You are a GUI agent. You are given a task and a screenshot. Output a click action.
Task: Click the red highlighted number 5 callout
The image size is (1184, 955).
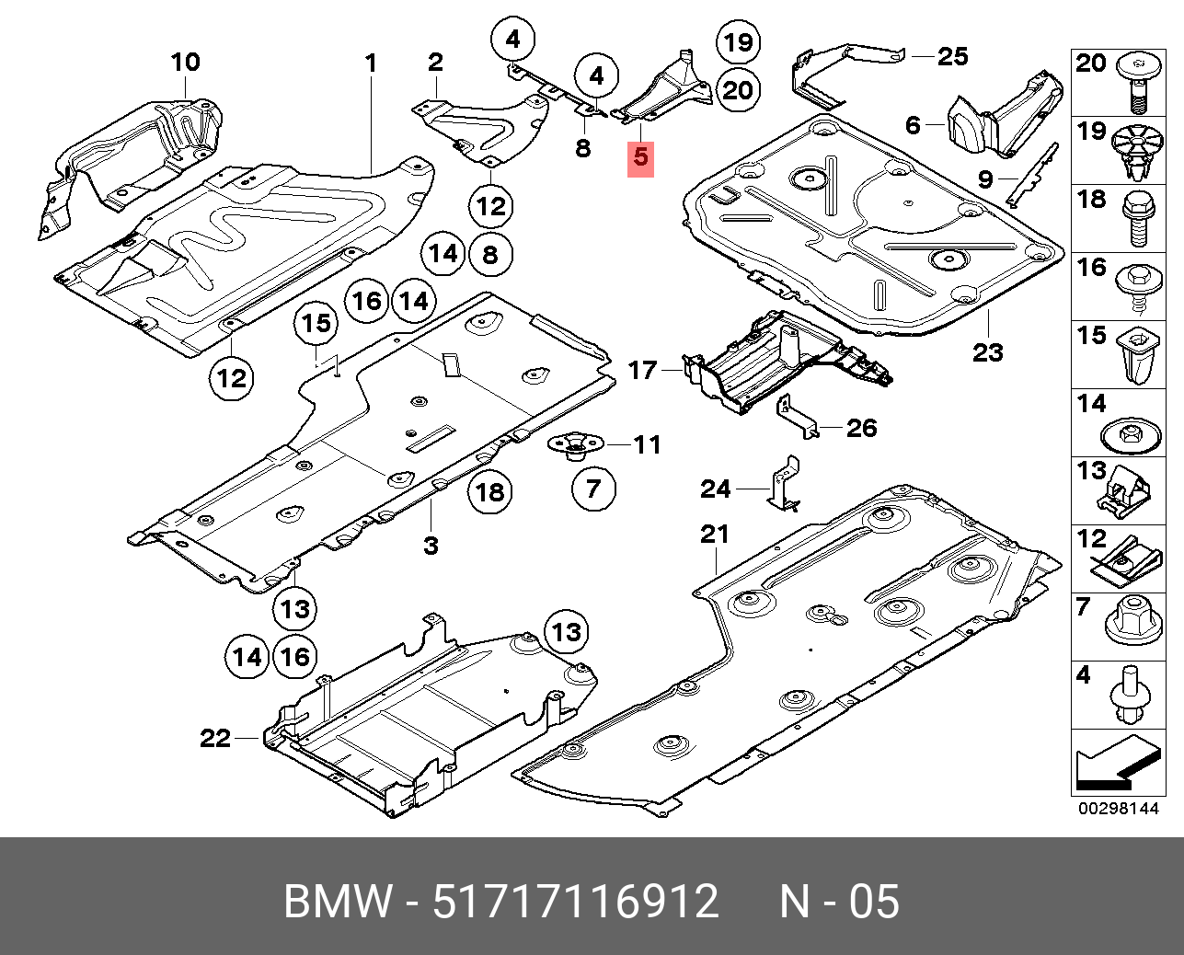tap(640, 157)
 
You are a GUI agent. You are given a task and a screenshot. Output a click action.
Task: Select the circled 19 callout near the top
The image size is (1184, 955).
tap(738, 42)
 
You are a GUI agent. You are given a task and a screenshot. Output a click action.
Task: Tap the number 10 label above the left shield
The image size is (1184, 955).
tap(185, 63)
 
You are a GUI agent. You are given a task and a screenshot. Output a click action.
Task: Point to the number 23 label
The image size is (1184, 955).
tap(987, 352)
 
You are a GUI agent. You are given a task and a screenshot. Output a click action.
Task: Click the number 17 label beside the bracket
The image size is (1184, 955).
tap(642, 371)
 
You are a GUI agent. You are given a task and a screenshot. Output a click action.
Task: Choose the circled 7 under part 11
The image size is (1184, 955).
tap(593, 488)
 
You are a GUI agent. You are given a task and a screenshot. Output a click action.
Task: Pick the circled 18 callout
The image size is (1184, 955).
tap(489, 491)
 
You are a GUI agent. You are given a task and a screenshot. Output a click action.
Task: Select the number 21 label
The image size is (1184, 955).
tap(714, 535)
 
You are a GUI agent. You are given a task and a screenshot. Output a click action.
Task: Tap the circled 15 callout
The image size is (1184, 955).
tap(316, 324)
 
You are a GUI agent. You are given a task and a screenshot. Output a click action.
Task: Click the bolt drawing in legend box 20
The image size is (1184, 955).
tap(1138, 81)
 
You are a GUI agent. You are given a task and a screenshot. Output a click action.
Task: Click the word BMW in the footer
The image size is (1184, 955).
tap(337, 902)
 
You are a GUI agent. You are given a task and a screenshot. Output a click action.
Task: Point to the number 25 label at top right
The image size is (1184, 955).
tap(952, 57)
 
